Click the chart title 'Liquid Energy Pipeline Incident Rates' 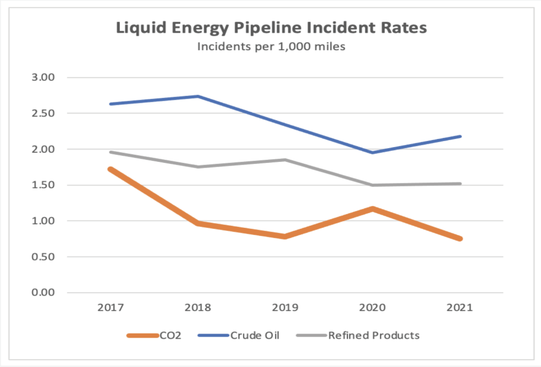(x=270, y=28)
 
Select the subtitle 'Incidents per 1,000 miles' (x=271, y=47)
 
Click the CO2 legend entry (x=169, y=335)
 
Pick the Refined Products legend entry (x=374, y=335)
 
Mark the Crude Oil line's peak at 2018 (x=198, y=96)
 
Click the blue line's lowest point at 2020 (x=372, y=152)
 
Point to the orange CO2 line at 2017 (x=110, y=169)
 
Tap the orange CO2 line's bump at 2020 (x=372, y=209)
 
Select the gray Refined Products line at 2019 (x=285, y=160)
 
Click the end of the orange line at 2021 (x=460, y=238)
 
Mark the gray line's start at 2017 (x=110, y=152)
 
